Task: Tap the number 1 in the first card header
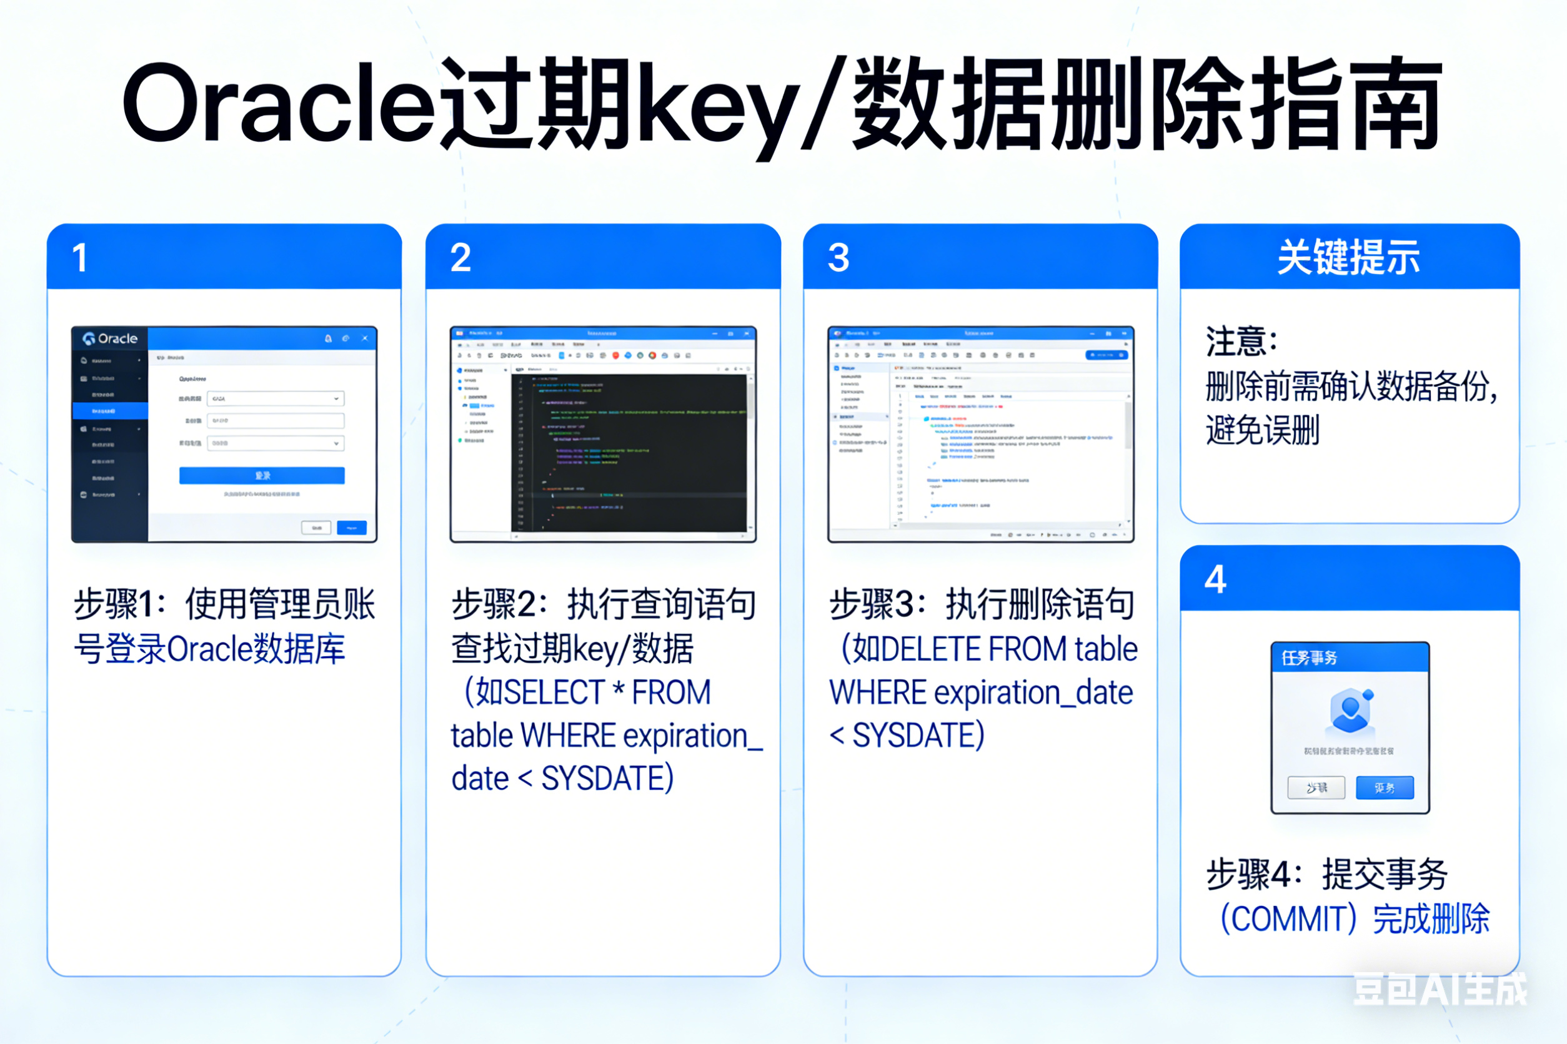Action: pyautogui.click(x=80, y=258)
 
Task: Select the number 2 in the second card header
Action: pyautogui.click(x=460, y=258)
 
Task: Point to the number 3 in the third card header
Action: pyautogui.click(x=838, y=258)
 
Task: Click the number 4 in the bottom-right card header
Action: pyautogui.click(x=1215, y=579)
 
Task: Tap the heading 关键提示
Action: pyautogui.click(x=1349, y=258)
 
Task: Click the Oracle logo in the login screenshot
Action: pyautogui.click(x=111, y=338)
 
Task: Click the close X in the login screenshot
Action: pyautogui.click(x=364, y=338)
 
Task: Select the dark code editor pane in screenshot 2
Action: pyautogui.click(x=629, y=453)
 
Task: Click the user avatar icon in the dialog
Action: pyautogui.click(x=1350, y=710)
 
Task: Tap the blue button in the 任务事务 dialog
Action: pyautogui.click(x=1385, y=787)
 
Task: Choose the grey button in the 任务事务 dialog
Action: pyautogui.click(x=1316, y=787)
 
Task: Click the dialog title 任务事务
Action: pyautogui.click(x=1309, y=659)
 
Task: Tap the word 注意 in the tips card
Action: pyautogui.click(x=1236, y=342)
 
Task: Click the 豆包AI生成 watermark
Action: pyautogui.click(x=1439, y=988)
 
